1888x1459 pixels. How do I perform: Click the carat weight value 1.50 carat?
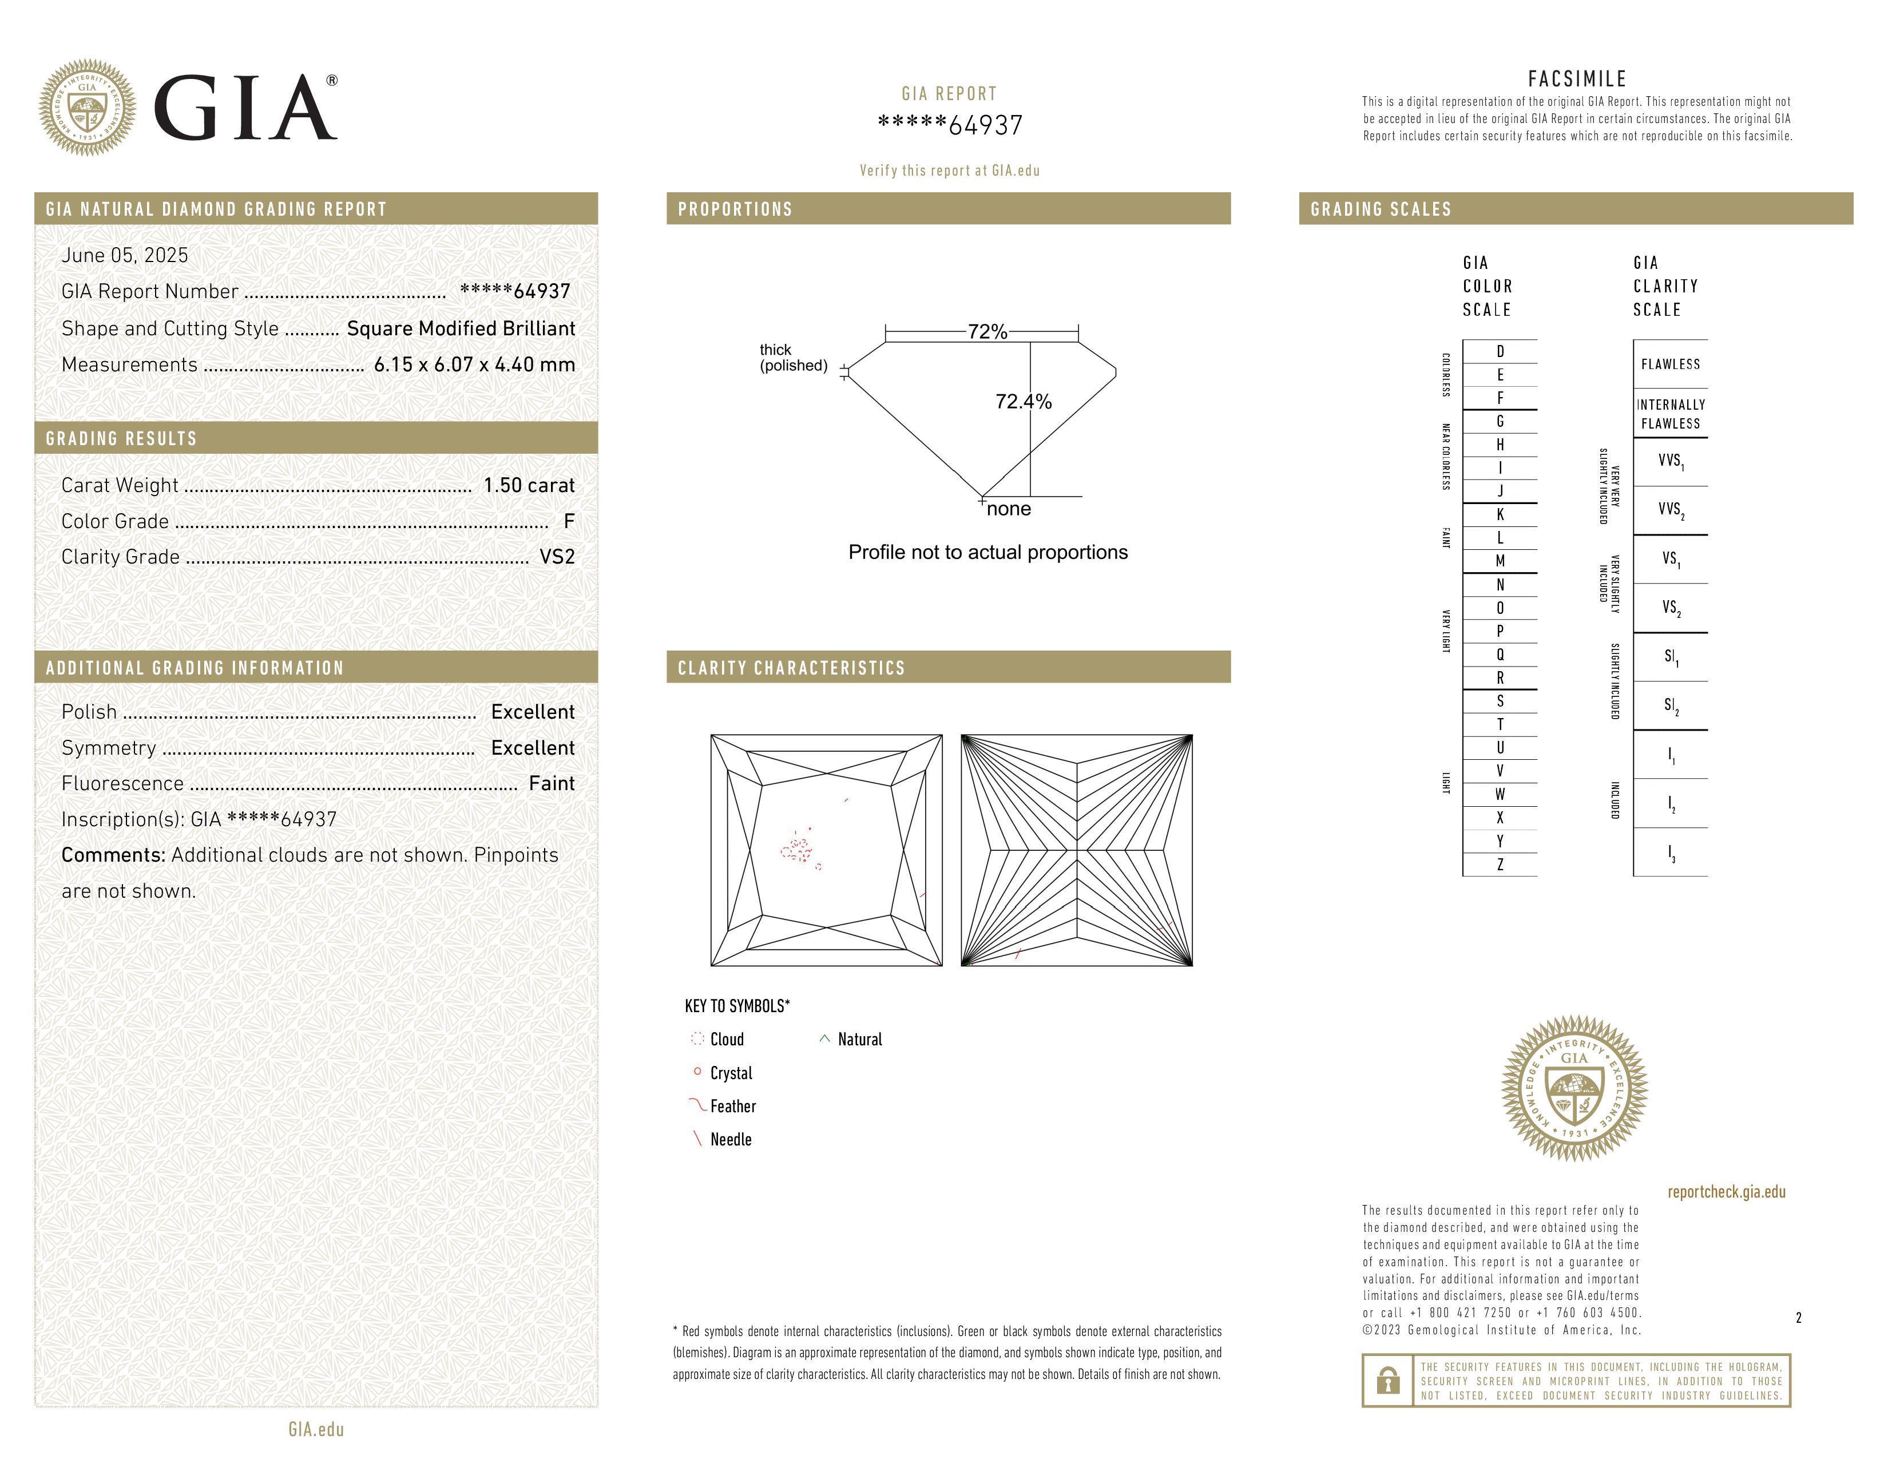528,486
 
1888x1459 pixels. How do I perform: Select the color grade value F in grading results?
569,521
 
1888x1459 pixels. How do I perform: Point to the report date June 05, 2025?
125,255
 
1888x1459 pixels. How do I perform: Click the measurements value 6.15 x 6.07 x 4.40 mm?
474,365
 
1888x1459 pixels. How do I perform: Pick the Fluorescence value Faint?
552,784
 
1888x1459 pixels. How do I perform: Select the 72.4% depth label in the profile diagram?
1024,402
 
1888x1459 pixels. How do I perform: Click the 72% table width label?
987,332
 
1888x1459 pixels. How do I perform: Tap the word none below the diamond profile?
1009,509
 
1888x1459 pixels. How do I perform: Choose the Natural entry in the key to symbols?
859,1040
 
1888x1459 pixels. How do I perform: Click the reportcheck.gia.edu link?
1726,1192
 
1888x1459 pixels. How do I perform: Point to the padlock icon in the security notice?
1387,1381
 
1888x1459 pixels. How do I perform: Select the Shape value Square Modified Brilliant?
461,328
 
